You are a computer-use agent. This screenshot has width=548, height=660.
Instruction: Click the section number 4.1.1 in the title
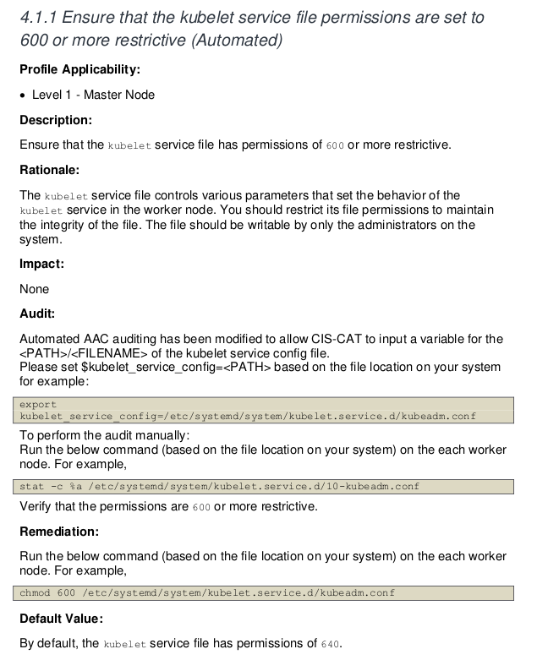(39, 18)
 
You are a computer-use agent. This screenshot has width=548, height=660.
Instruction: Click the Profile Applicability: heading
(79, 69)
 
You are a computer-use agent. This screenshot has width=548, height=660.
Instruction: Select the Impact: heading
(41, 264)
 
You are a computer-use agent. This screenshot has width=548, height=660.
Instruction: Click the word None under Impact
(35, 289)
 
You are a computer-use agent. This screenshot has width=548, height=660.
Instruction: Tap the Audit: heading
(37, 314)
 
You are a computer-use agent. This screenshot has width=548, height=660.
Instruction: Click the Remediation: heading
(59, 532)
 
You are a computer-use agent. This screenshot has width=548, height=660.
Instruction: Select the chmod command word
(36, 593)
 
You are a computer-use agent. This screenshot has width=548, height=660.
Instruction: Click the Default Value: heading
(61, 619)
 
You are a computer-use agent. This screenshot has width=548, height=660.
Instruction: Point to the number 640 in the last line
(330, 645)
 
